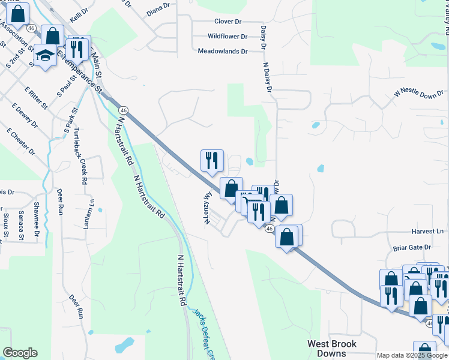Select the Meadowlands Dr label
[223, 52]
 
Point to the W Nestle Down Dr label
[419, 94]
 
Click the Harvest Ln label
[427, 231]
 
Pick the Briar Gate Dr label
[412, 247]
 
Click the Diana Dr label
[158, 10]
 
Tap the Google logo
[20, 353]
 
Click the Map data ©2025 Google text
[411, 355]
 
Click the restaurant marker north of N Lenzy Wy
[212, 160]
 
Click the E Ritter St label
[37, 98]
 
